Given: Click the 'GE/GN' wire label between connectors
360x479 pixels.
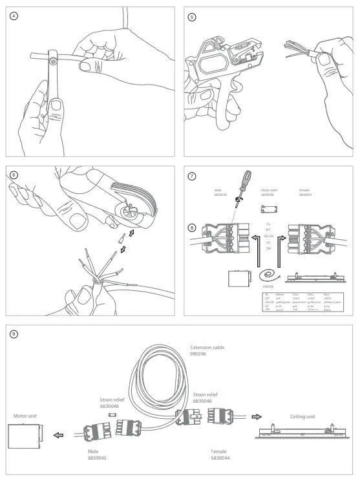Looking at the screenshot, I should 268,236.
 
